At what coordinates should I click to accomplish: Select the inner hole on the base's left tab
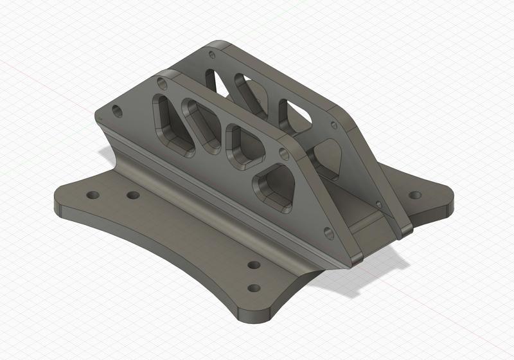click(133, 195)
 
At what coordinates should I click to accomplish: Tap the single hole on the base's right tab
click(416, 194)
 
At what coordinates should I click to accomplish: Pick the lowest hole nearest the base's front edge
click(254, 288)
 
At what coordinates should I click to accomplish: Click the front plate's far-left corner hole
click(117, 111)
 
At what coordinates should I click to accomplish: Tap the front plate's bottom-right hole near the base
click(330, 233)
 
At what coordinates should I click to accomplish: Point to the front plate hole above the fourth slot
click(283, 154)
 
